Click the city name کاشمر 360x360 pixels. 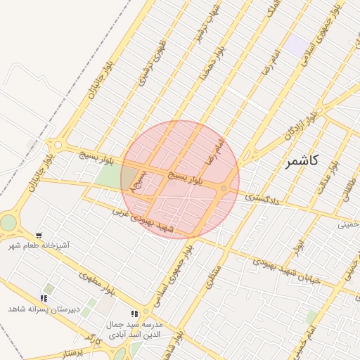pyautogui.click(x=302, y=161)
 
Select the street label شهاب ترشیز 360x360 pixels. pyautogui.click(x=202, y=25)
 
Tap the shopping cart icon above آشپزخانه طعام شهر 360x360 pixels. pyautogui.click(x=39, y=236)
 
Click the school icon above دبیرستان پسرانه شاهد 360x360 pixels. pyautogui.click(x=44, y=299)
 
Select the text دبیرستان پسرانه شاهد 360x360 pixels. pyautogui.click(x=40, y=309)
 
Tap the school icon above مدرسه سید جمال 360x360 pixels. pyautogui.click(x=134, y=314)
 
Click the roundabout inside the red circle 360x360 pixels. pyautogui.click(x=224, y=188)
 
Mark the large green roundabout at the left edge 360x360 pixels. pyautogui.click(x=7, y=222)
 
